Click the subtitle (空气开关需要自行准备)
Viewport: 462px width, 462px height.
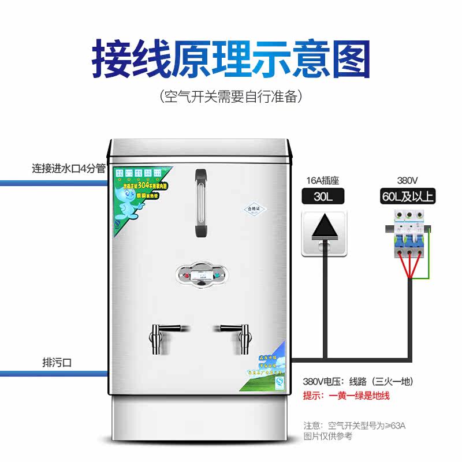(x=231, y=96)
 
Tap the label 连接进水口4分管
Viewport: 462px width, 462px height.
(x=68, y=169)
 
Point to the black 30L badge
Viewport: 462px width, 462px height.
(x=323, y=196)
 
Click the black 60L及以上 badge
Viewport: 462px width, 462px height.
(x=408, y=196)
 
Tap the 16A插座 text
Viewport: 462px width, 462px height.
(x=323, y=179)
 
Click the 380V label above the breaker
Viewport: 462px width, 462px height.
(x=408, y=179)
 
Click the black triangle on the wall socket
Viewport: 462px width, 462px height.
(x=323, y=228)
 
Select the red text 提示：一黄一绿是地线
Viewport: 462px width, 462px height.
(x=346, y=396)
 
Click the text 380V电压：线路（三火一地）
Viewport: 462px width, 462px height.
(x=358, y=382)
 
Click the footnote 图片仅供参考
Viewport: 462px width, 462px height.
(x=327, y=437)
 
